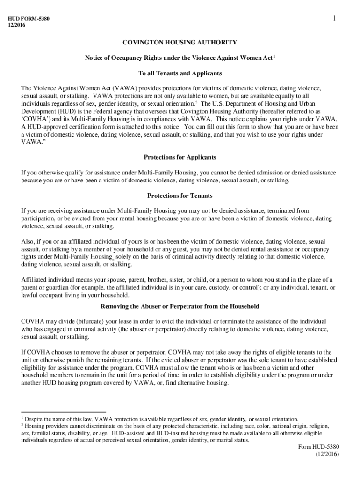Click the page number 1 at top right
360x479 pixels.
(x=335, y=18)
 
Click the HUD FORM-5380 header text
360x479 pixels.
(x=29, y=19)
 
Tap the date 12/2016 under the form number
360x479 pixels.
(x=17, y=25)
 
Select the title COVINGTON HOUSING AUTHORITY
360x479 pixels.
(x=180, y=43)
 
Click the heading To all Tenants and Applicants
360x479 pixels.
(x=180, y=73)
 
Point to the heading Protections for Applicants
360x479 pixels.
(x=180, y=157)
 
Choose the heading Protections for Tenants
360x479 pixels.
(x=180, y=196)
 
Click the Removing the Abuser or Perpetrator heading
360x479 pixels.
(x=180, y=306)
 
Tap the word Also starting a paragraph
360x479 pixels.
(x=28, y=241)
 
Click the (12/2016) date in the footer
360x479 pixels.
(x=327, y=454)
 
